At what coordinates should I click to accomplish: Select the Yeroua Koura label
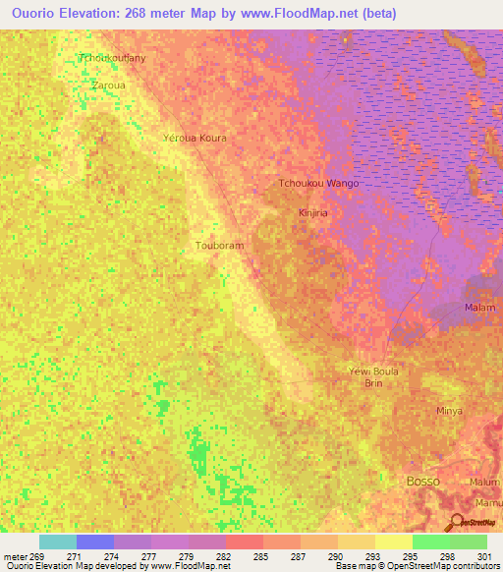(x=195, y=138)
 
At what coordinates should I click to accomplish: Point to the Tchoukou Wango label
(x=318, y=184)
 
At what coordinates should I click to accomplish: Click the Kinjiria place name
(x=311, y=211)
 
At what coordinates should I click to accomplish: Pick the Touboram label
(x=218, y=245)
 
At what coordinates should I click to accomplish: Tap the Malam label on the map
(x=479, y=308)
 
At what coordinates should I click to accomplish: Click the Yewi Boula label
(x=373, y=371)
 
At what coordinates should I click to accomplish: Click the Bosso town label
(x=422, y=481)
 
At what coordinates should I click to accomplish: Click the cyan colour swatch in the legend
(x=58, y=542)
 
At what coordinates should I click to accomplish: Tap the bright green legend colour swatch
(x=430, y=542)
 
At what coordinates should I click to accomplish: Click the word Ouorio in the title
(x=28, y=12)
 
